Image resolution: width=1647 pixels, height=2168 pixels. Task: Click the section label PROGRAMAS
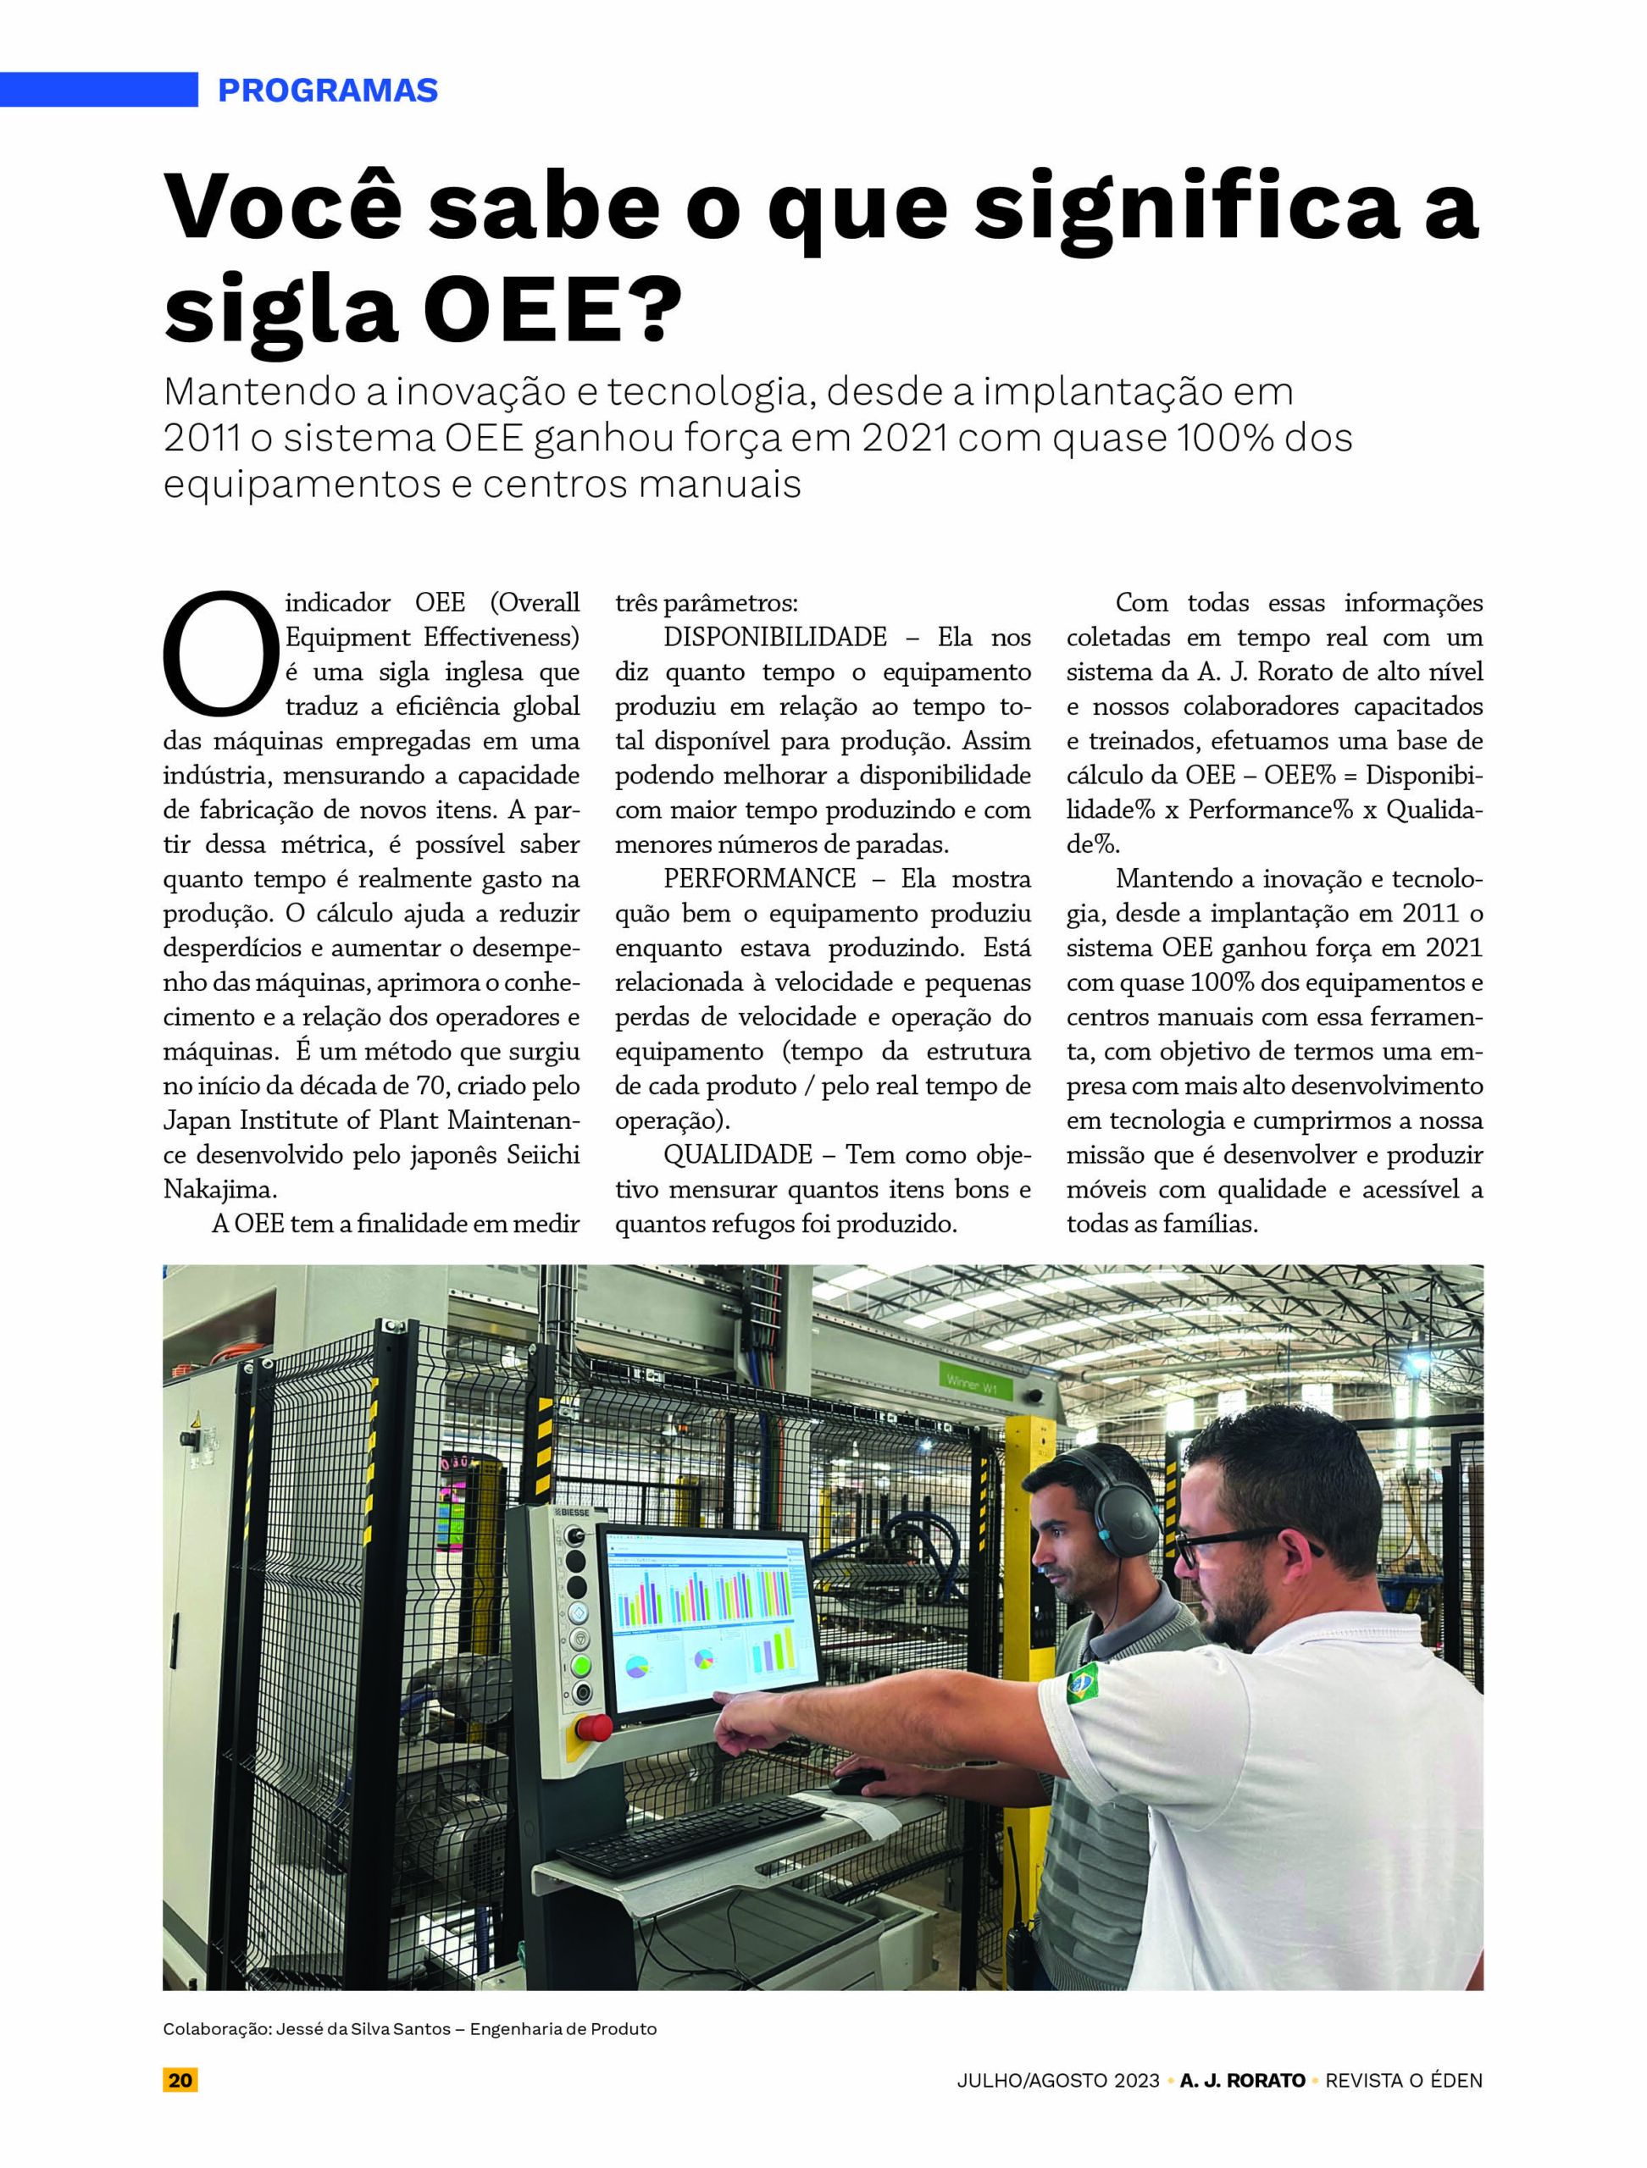click(x=327, y=90)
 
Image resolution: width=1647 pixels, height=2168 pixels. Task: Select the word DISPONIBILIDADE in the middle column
click(x=774, y=637)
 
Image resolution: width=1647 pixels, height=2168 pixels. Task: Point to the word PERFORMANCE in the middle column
click(x=760, y=878)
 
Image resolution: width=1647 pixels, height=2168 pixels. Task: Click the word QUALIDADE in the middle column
click(x=737, y=1154)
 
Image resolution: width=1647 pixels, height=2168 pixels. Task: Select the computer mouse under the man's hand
click(x=857, y=1781)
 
